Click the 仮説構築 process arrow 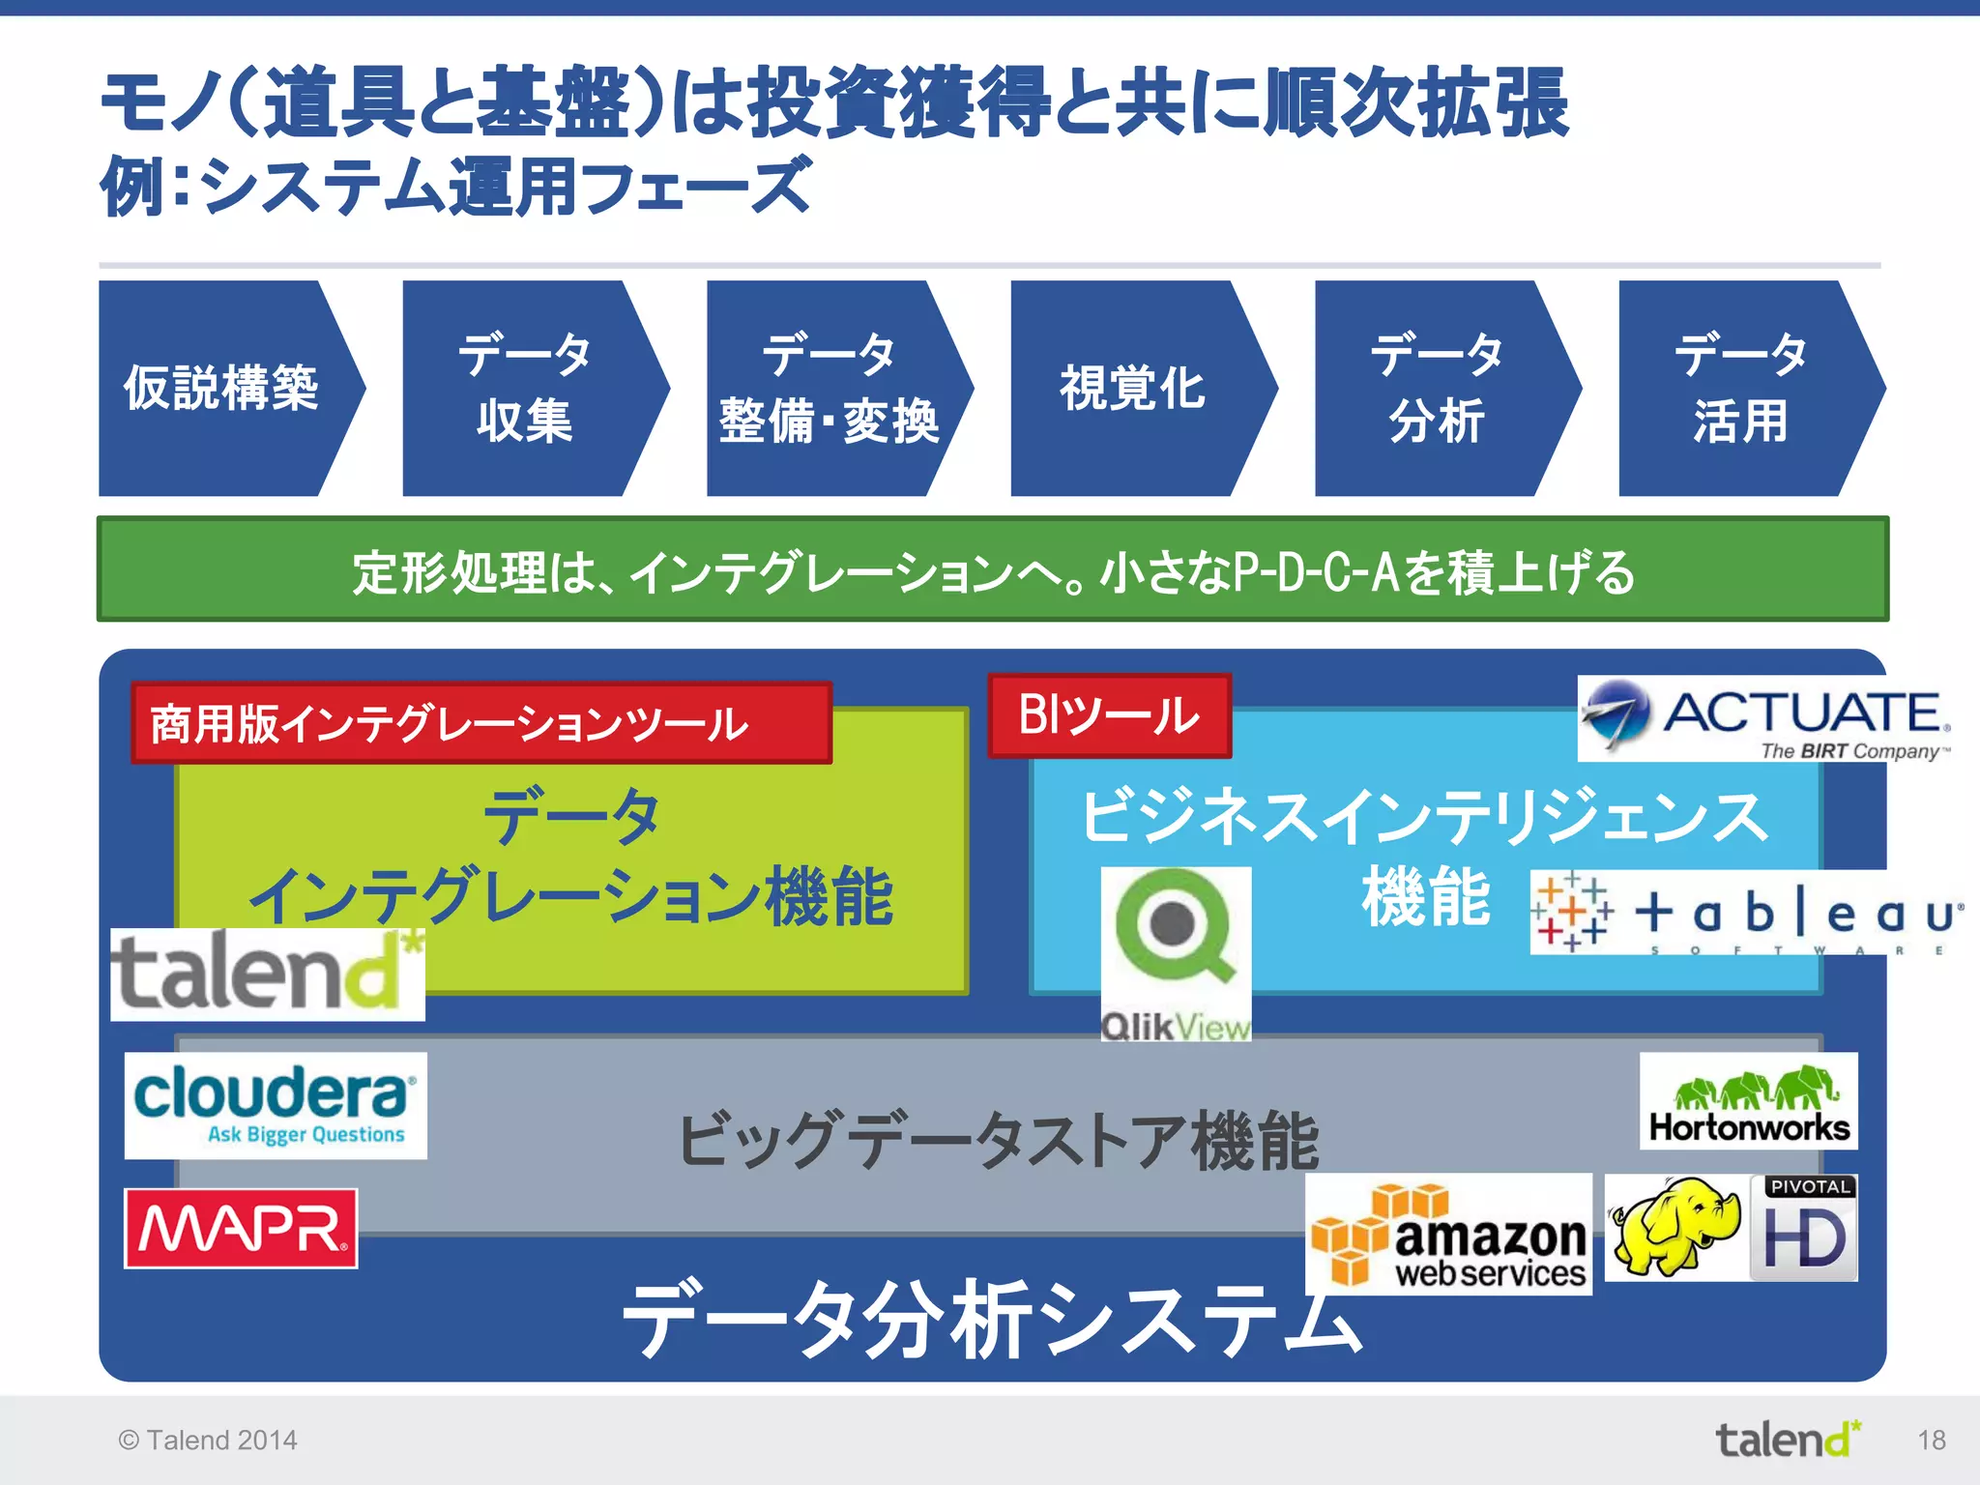point(222,389)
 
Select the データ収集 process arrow point(525,389)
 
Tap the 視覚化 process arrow point(1133,389)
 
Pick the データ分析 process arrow point(1437,389)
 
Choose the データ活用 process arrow point(1740,389)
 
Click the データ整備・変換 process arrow point(830,389)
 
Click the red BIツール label point(1109,715)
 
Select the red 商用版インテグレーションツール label point(480,723)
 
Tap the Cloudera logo point(276,1105)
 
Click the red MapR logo point(241,1228)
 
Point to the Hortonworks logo point(1748,1101)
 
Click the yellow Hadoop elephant point(1674,1226)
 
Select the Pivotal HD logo point(1804,1228)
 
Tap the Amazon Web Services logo point(1448,1236)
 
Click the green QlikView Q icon point(1174,925)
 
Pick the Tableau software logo point(1746,913)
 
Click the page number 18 point(1931,1441)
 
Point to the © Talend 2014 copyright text point(208,1441)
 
